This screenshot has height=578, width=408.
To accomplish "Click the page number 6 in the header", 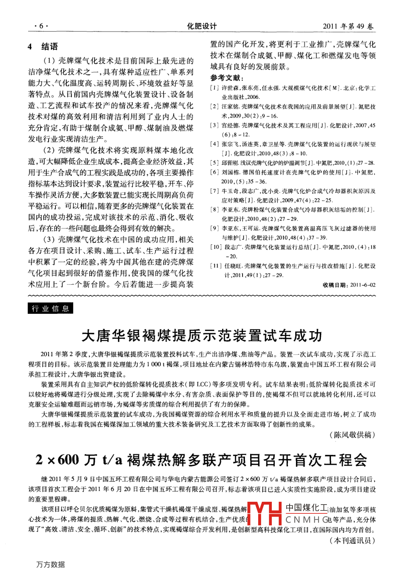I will pos(41,26).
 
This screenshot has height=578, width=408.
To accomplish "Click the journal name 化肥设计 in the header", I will pos(202,26).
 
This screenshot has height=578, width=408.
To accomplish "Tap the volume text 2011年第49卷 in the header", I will pos(348,26).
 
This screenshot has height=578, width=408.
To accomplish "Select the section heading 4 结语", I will pos(43,47).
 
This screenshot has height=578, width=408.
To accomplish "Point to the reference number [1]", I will pos(214,88).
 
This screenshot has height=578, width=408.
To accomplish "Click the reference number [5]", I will pos(214,163).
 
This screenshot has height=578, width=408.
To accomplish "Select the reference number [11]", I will pos(216,266).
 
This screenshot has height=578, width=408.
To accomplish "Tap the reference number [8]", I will pos(214,210).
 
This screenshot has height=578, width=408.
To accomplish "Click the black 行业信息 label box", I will pos(51,308).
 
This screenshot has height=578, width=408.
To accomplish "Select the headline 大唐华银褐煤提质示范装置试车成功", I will pos(202,336).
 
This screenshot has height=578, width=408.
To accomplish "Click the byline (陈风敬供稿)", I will pos(352,435).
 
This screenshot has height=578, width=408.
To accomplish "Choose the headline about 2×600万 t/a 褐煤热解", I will pos(202,460).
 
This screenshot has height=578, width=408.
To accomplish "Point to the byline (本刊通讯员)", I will pos(352,540).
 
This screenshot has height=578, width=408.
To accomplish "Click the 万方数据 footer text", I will pos(51,564).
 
